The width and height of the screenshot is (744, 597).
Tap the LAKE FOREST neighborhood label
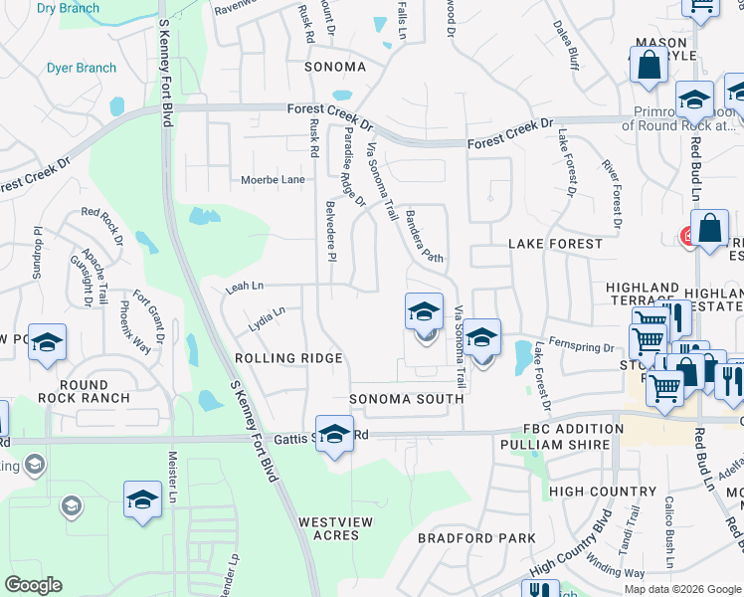[x=555, y=244]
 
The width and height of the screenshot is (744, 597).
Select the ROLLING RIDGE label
[x=288, y=358]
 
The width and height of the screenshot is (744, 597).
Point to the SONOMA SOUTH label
[x=407, y=399]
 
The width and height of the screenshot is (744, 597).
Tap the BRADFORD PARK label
[x=463, y=538]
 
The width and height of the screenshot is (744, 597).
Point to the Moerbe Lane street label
[x=273, y=180]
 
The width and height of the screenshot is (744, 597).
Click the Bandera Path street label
[x=424, y=236]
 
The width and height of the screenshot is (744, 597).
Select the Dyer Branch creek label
[x=82, y=69]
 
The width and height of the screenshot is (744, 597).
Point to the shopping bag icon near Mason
[x=649, y=67]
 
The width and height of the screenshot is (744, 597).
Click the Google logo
[x=34, y=585]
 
